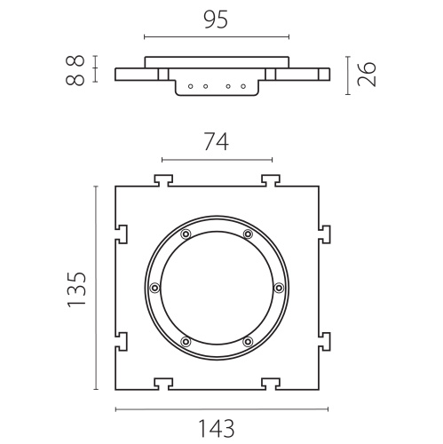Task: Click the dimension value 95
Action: (217, 20)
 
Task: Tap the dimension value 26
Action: (367, 74)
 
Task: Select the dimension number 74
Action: (217, 141)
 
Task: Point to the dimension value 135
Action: (76, 289)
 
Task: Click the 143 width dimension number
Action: (217, 428)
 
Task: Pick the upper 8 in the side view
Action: (75, 61)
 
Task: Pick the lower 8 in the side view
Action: (75, 80)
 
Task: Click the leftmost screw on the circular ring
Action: (154, 288)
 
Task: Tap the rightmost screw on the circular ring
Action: (279, 288)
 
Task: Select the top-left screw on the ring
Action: (186, 234)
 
